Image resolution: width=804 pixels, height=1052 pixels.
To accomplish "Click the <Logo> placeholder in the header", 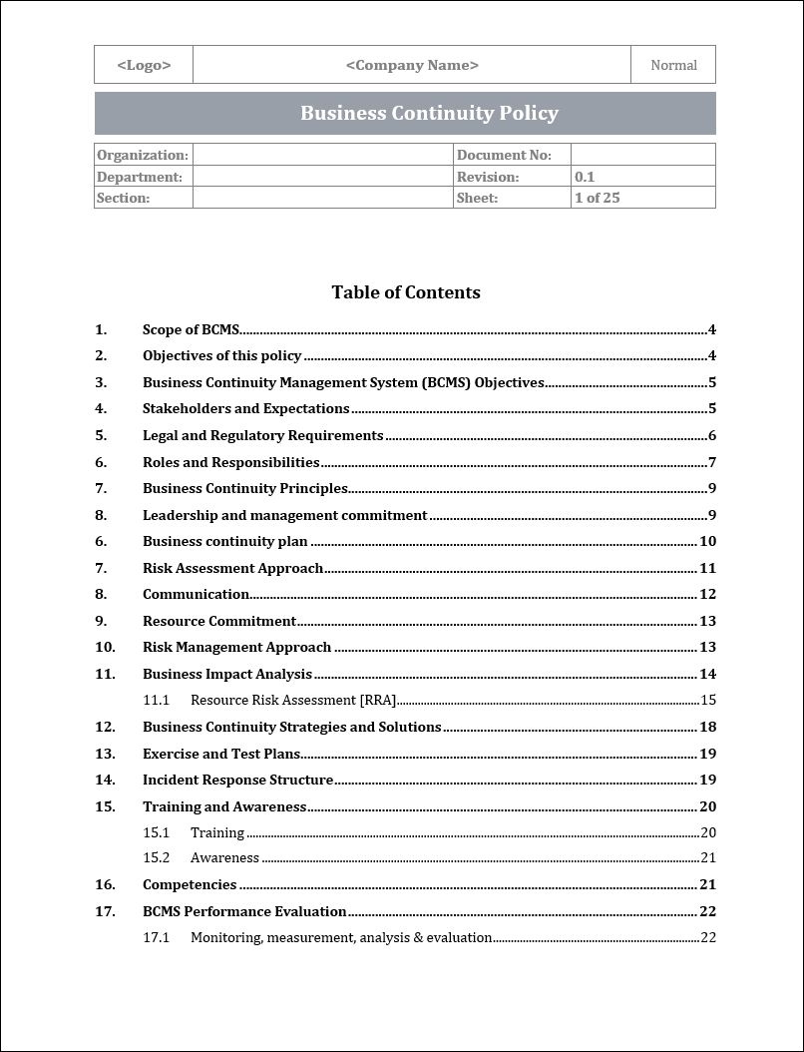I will point(144,65).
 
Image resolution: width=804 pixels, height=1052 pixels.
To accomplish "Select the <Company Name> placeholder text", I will point(412,65).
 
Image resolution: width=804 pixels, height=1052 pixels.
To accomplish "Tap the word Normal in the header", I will point(673,65).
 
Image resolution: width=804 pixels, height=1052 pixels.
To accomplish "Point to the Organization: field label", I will point(143,155).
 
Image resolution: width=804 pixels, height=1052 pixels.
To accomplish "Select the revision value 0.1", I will point(585,177).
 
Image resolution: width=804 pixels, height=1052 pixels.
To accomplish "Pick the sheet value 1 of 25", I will point(597,198).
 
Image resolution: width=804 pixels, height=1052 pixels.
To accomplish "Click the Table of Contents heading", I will point(406,292).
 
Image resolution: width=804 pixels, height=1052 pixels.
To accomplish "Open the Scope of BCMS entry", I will point(191,329).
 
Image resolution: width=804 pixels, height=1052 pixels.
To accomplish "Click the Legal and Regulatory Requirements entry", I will point(262,435).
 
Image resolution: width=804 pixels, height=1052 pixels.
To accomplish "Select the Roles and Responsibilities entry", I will point(230,462).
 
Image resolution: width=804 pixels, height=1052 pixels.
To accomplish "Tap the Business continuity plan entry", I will point(224,541).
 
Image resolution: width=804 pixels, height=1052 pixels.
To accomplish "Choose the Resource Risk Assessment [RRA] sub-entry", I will point(293,700).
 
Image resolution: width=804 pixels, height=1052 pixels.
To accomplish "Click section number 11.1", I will point(156,700).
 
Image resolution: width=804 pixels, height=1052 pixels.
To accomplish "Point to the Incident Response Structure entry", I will point(237,780).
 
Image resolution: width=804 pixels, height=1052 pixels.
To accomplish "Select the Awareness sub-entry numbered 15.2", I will point(224,857).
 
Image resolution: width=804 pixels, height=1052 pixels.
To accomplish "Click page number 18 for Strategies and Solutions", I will point(707,727).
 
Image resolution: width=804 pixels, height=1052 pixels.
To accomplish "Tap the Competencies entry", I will point(190,884).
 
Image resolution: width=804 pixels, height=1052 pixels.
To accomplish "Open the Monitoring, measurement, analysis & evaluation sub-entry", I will point(341,937).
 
